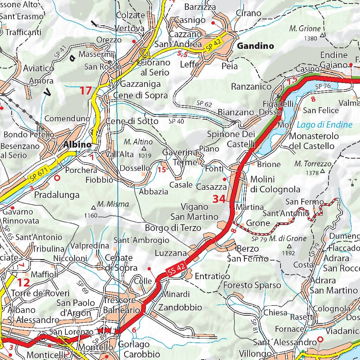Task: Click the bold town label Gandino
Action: [x=255, y=46]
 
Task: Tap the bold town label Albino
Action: [x=78, y=144]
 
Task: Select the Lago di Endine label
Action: [x=324, y=124]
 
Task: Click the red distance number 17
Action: [x=85, y=91]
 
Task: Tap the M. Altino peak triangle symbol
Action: [x=143, y=149]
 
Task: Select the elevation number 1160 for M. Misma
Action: [x=91, y=215]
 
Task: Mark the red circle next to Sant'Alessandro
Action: [x=320, y=340]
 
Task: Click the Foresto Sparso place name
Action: [x=252, y=285]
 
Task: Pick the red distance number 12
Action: [x=24, y=282]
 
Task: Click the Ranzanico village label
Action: [x=251, y=86]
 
